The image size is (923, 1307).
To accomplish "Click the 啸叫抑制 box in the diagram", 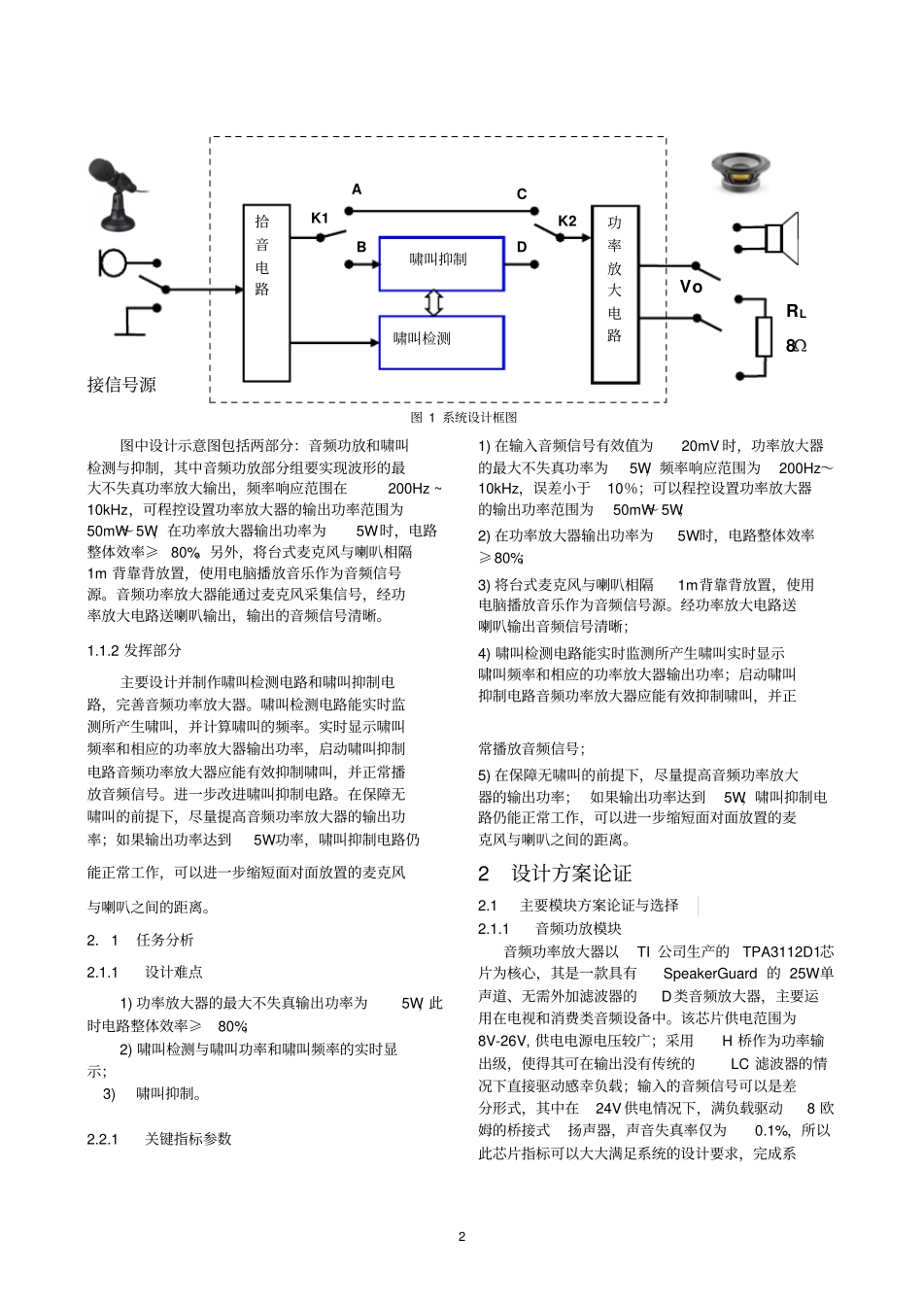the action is pyautogui.click(x=441, y=262).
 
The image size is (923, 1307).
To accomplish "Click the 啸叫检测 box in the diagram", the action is pyautogui.click(x=441, y=341).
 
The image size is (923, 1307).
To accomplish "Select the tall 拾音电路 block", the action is pyautogui.click(x=265, y=292).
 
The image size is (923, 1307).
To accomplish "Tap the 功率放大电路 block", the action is pyautogui.click(x=614, y=292).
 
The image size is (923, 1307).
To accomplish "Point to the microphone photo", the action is pyautogui.click(x=118, y=194).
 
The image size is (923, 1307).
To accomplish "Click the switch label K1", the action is pyautogui.click(x=320, y=218).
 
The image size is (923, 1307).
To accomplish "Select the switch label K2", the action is pyautogui.click(x=567, y=221).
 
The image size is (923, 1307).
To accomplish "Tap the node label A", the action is pyautogui.click(x=357, y=189).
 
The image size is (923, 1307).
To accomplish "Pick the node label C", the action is pyautogui.click(x=522, y=194).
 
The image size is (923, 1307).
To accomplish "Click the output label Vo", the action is pyautogui.click(x=691, y=287).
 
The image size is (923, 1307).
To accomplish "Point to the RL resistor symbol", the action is pyautogui.click(x=765, y=336).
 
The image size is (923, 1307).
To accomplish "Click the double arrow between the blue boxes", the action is pyautogui.click(x=434, y=303).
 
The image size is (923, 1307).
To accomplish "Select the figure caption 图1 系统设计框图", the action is pyautogui.click(x=463, y=417).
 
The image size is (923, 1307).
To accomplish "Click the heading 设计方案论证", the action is pyautogui.click(x=571, y=873).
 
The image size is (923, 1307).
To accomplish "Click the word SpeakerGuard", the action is pyautogui.click(x=709, y=974).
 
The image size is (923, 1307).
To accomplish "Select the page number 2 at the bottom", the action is pyautogui.click(x=461, y=1236).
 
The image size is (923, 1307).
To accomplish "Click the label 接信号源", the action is pyautogui.click(x=121, y=385).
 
